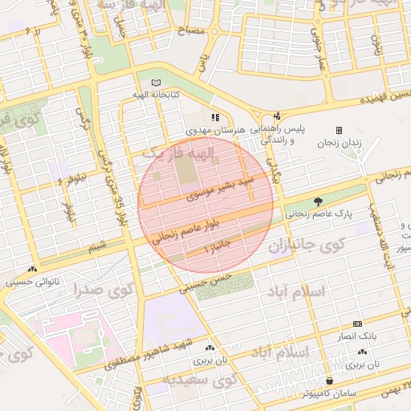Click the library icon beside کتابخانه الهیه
coord(155,83)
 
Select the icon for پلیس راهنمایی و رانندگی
coord(278,116)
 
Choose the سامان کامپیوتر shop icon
coord(329,380)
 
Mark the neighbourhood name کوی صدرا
coord(103,289)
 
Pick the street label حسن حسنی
coord(206,280)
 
